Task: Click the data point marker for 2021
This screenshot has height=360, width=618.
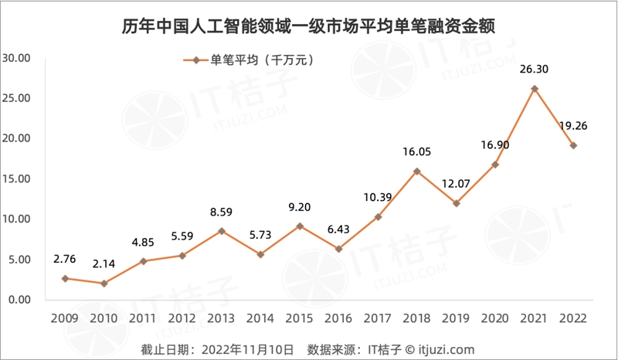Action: click(534, 89)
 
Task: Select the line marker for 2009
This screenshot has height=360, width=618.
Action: click(65, 278)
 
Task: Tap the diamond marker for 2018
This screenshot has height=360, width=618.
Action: click(417, 172)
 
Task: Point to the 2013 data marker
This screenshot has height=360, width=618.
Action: click(222, 231)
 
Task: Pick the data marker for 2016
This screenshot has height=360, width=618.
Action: click(339, 249)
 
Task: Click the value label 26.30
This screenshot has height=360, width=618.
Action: click(534, 69)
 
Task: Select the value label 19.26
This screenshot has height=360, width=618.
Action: click(573, 126)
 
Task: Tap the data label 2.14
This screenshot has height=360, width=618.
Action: click(104, 264)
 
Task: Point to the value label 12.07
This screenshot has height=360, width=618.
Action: click(457, 184)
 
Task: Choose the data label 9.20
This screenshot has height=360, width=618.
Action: click(300, 207)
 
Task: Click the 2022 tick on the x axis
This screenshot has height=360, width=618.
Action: click(573, 319)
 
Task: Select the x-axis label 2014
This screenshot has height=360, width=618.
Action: click(260, 319)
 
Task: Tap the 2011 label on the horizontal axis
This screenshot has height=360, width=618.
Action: click(143, 319)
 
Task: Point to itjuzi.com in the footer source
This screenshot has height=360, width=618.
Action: click(447, 348)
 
